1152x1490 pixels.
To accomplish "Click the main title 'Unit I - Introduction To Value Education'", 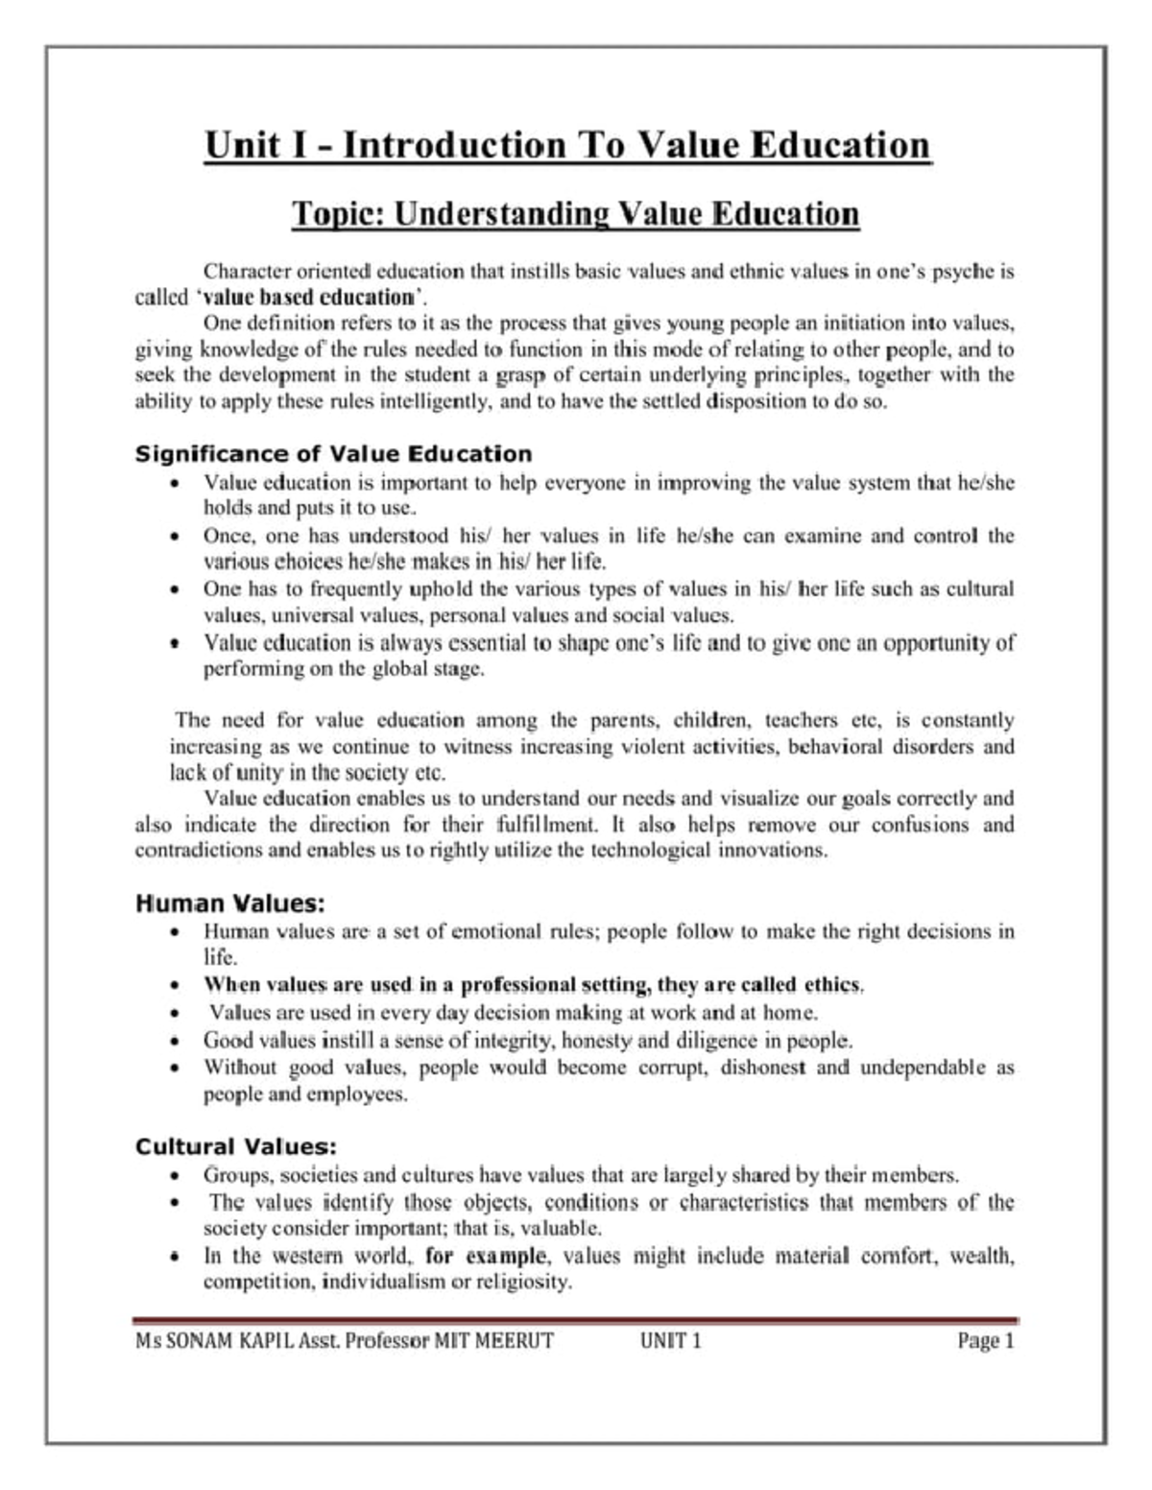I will click(x=567, y=146).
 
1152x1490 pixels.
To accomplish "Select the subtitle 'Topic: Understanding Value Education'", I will click(x=575, y=213).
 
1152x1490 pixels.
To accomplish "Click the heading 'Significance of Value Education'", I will click(x=333, y=453).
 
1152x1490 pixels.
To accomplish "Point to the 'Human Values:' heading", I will click(x=230, y=903).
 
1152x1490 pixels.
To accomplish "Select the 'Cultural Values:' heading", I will click(x=236, y=1146).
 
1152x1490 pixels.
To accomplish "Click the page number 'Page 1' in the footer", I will click(x=985, y=1340).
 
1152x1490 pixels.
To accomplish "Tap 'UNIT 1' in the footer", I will click(x=670, y=1340).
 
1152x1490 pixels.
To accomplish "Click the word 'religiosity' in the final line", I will click(x=524, y=1282).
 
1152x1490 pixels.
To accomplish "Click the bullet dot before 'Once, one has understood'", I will click(x=174, y=537).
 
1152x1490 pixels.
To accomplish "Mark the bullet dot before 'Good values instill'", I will click(x=174, y=1041).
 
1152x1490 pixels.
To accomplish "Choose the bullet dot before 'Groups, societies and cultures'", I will click(x=174, y=1176).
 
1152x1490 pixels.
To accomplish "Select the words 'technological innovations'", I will click(x=708, y=850).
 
